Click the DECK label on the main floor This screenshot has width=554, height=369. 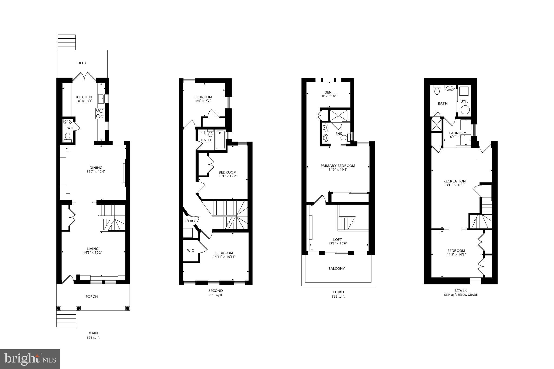pos(82,63)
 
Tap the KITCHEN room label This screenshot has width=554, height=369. pos(84,97)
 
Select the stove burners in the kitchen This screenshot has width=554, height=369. pos(100,113)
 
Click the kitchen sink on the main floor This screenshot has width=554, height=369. pos(101,99)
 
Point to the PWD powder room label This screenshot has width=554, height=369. pos(69,128)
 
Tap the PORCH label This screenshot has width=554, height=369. pos(92,297)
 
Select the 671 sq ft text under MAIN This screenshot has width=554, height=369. pos(93,338)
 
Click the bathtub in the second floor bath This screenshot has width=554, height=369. pos(220,140)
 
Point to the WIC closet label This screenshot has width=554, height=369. pos(190,251)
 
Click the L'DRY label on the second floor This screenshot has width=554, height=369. pos(190,221)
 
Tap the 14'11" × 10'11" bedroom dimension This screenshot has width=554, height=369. pos(224,257)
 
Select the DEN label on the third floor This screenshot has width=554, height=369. pos(328,92)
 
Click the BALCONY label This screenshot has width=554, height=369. pos(337,269)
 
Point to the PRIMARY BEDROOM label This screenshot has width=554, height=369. pos(338,166)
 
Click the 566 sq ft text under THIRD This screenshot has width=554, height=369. pos(338,297)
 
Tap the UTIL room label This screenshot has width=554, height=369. pos(464,102)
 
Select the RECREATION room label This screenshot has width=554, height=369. pos(454,181)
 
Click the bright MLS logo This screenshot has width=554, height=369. pos(30,359)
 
